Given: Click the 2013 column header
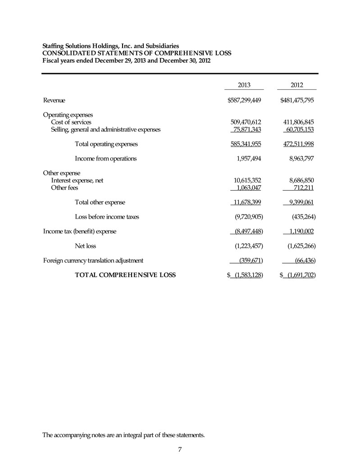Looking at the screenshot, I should pos(244,85).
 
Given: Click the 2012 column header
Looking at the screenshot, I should pos(297,85).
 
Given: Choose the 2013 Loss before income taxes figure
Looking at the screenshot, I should pos(246,217).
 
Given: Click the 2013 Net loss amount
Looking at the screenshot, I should pos(246,246).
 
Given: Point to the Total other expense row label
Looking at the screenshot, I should pos(100,202).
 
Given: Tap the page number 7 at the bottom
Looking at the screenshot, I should pos(180,450).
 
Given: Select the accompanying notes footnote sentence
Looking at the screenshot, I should pos(123,435).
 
